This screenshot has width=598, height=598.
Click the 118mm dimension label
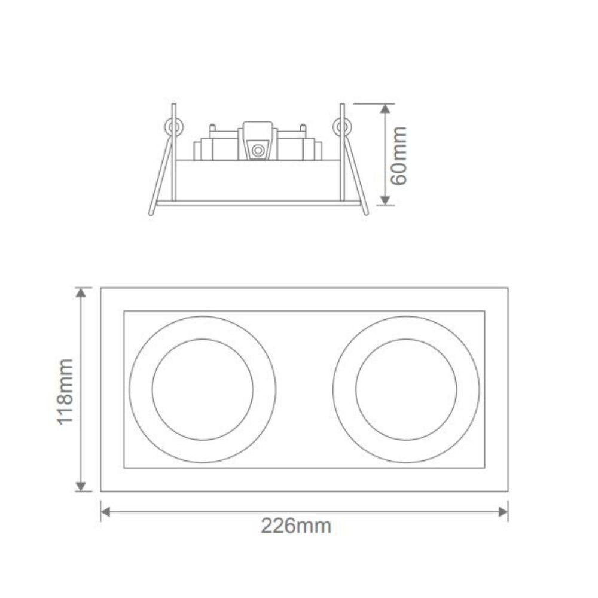pos(65,391)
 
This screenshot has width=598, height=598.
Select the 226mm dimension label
pos(295,526)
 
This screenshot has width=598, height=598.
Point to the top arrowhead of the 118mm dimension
pos(81,292)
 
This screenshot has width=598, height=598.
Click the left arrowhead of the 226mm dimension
pos(106,512)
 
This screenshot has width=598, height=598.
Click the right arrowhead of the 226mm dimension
pos(503,512)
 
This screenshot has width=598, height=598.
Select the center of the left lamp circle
pos(203,390)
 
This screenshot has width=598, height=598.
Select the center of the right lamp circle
pos(406,390)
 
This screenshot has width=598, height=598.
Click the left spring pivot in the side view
pos(175,127)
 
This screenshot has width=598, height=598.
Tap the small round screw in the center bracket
pos(258,150)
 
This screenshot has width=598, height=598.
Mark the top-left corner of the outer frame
pos(101,288)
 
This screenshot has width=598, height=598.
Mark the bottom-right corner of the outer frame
pos(508,492)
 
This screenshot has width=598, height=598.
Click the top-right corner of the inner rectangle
pos(484,311)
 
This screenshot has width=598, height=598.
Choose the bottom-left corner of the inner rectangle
pos(124,468)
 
